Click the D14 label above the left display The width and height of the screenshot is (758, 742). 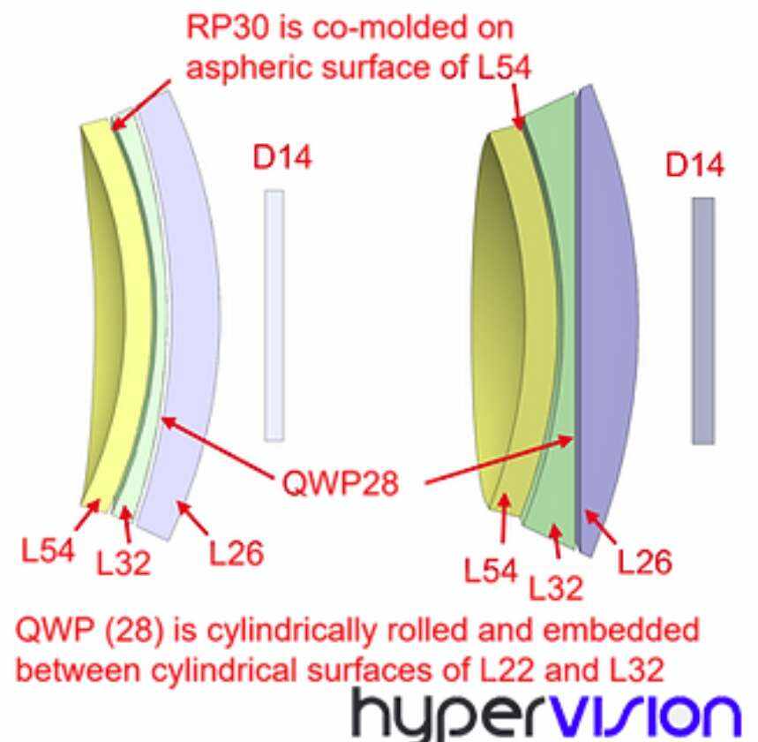(282, 157)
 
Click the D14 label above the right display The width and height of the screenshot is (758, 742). (694, 164)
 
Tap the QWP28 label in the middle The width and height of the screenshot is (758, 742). (340, 483)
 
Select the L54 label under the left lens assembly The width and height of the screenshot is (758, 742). (48, 550)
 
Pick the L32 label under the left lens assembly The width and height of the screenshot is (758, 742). (124, 563)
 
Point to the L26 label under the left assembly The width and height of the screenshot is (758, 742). (236, 553)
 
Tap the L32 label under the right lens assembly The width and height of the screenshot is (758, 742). (556, 588)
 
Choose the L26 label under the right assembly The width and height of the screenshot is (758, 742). (645, 562)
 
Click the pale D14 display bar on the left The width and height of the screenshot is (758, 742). (274, 315)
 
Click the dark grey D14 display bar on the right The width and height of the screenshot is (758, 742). (703, 321)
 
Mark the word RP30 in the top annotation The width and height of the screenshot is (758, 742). (227, 27)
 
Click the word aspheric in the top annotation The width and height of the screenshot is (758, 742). (251, 68)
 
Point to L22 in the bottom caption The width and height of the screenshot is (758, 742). (507, 670)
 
